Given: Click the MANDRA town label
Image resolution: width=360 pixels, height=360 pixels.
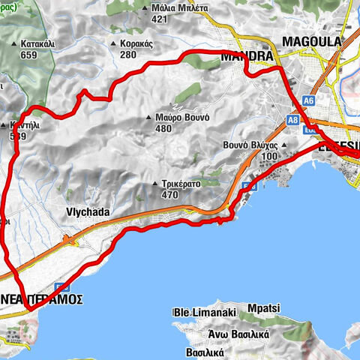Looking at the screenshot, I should click(247, 55).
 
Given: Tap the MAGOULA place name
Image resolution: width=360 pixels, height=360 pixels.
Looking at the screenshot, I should click(311, 41).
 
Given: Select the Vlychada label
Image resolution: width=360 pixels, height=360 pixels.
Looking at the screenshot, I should click(88, 212).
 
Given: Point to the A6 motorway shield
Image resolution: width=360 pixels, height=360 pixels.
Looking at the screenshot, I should click(308, 100).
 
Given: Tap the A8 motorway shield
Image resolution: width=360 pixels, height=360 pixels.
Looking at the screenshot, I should click(293, 119).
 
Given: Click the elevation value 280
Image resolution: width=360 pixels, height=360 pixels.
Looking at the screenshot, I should click(127, 55).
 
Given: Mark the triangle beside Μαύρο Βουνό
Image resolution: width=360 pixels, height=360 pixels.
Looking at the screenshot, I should click(151, 117).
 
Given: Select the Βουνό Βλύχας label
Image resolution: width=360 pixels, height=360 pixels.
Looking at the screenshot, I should click(250, 145).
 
